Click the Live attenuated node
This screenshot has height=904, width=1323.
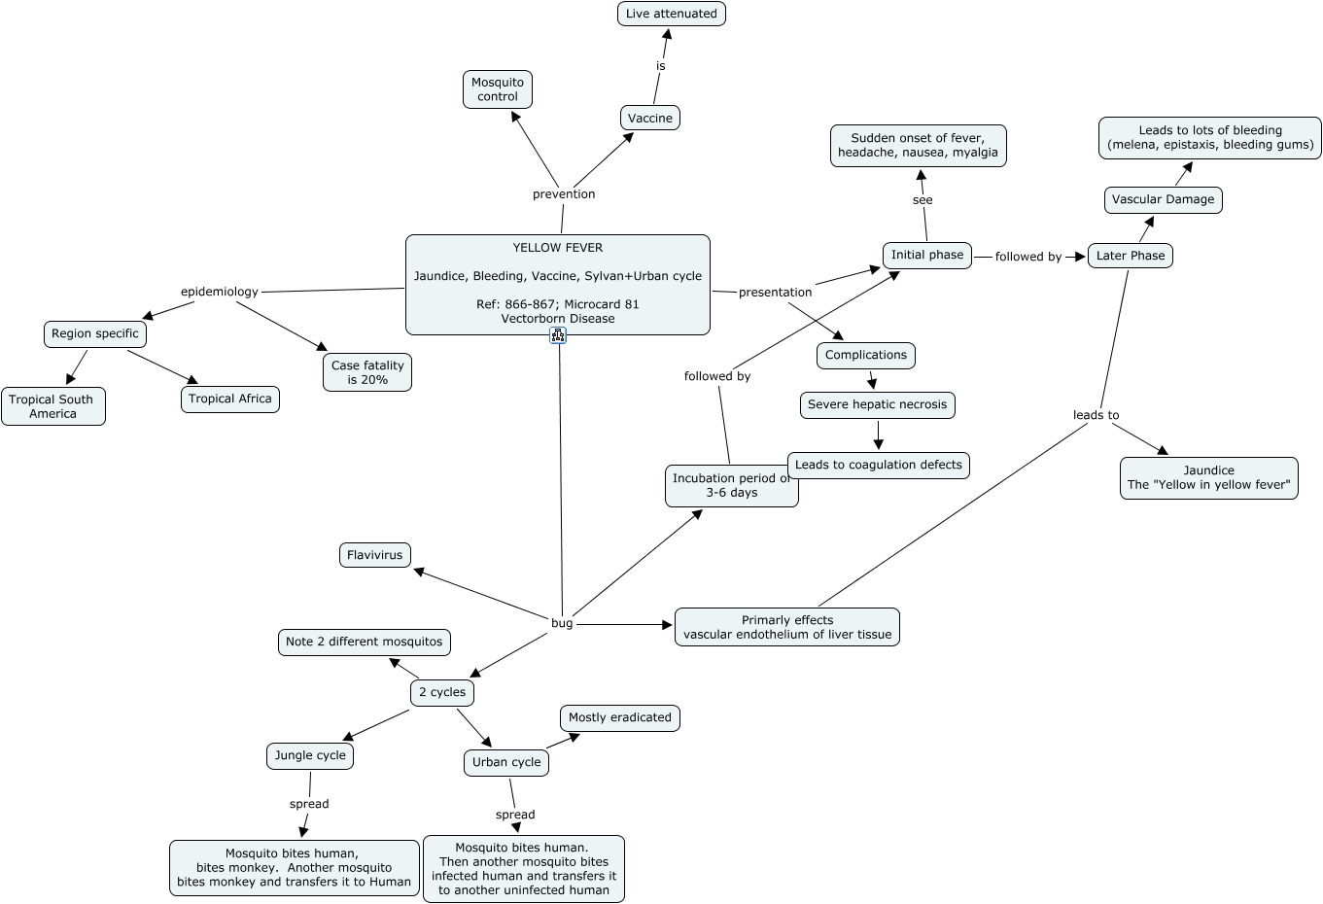click(672, 14)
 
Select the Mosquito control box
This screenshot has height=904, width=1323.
click(498, 89)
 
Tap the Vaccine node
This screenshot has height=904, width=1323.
click(650, 119)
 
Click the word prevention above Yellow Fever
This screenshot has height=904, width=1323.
click(564, 194)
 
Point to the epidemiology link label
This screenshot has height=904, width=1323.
click(220, 292)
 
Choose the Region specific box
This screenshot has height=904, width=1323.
click(95, 334)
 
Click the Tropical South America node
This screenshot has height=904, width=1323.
click(52, 406)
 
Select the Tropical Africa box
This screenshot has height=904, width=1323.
click(230, 400)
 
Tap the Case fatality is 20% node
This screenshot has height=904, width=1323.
click(367, 372)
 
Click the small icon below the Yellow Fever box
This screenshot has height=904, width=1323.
click(558, 335)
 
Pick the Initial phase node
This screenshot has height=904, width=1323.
click(927, 256)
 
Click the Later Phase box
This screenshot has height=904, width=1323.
click(1131, 257)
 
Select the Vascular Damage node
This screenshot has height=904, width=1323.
click(1164, 200)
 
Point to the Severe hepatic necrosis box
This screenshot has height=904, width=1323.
click(878, 405)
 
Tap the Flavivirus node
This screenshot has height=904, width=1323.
click(375, 556)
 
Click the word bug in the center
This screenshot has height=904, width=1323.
click(562, 623)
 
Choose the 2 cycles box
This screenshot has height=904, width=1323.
click(442, 693)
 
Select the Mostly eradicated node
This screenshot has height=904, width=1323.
click(620, 718)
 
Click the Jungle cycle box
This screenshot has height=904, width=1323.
click(310, 756)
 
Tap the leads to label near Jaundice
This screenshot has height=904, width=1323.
click(1097, 415)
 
